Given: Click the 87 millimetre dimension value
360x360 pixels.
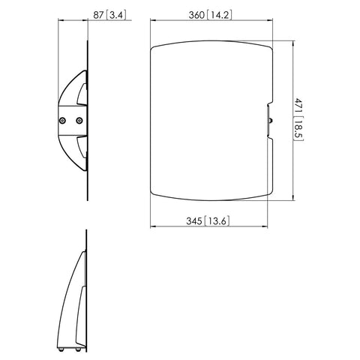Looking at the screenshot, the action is [x=98, y=15].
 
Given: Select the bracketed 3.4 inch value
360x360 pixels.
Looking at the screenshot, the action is [x=116, y=15].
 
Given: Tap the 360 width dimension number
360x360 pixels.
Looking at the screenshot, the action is [x=196, y=15].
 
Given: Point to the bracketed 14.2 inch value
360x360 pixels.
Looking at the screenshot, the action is [x=220, y=15].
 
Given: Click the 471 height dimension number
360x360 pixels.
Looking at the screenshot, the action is [x=298, y=106].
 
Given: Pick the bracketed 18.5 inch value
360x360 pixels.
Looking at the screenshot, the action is [x=298, y=129].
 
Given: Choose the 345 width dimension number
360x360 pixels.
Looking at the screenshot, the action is [x=194, y=221].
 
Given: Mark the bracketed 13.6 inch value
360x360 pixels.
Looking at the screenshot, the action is [x=217, y=221].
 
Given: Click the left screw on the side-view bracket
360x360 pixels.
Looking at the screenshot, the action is [x=62, y=121].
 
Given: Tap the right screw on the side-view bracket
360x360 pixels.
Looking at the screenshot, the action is [x=79, y=121].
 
